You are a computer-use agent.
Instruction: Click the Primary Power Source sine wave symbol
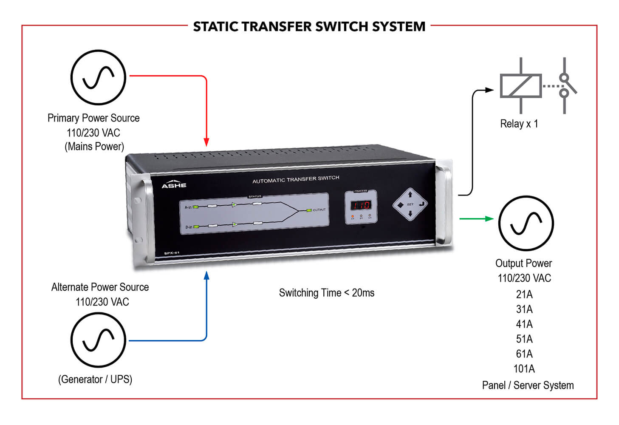click(98, 77)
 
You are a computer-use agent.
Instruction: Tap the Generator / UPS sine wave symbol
click(98, 340)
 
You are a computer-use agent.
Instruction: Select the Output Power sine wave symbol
click(526, 223)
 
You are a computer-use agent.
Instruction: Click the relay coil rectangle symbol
click(520, 86)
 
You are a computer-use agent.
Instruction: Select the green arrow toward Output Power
click(477, 218)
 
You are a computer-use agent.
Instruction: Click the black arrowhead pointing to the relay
click(489, 90)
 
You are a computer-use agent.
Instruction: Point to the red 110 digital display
click(360, 205)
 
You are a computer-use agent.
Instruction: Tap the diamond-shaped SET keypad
click(410, 204)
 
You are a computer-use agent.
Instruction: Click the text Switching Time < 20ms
click(326, 293)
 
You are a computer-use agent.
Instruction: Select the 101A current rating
click(524, 369)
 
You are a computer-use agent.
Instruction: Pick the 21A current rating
click(524, 295)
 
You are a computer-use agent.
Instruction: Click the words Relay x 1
click(519, 124)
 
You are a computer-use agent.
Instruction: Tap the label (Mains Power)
click(94, 147)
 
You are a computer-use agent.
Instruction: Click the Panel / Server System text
click(528, 385)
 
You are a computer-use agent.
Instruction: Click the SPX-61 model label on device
click(172, 253)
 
